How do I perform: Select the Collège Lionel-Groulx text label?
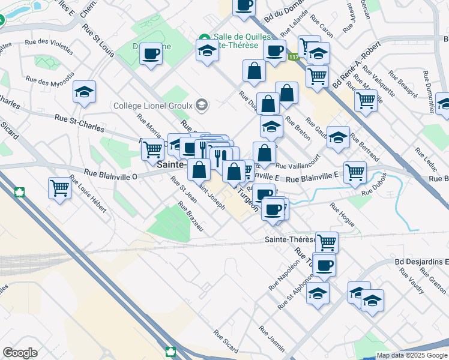[x=154, y=106]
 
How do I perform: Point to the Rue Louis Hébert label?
[x=88, y=194]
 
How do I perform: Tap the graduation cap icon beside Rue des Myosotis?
[x=85, y=92]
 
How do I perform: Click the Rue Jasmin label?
[x=271, y=338]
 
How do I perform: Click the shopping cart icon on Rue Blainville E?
[x=355, y=172]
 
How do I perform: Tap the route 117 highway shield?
[x=293, y=57]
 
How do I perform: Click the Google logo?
[x=20, y=353]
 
